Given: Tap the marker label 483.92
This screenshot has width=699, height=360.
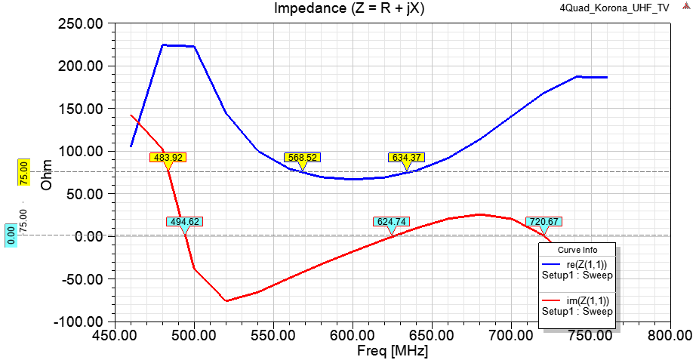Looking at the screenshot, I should tap(167, 158).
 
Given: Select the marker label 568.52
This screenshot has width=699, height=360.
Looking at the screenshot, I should tap(303, 158).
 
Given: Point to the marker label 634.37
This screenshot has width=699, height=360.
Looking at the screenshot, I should tap(407, 158).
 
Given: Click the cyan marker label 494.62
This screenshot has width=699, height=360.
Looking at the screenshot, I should tap(184, 222).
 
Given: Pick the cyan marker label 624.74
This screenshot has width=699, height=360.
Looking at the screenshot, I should tap(391, 222).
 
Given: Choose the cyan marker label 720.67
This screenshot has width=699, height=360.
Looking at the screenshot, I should tap(543, 222).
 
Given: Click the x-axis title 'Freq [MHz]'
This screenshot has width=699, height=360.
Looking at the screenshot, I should tap(393, 351).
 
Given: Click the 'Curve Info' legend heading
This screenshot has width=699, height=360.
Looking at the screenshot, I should tap(577, 250).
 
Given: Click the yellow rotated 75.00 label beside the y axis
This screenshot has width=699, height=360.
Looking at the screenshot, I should tap(23, 173).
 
